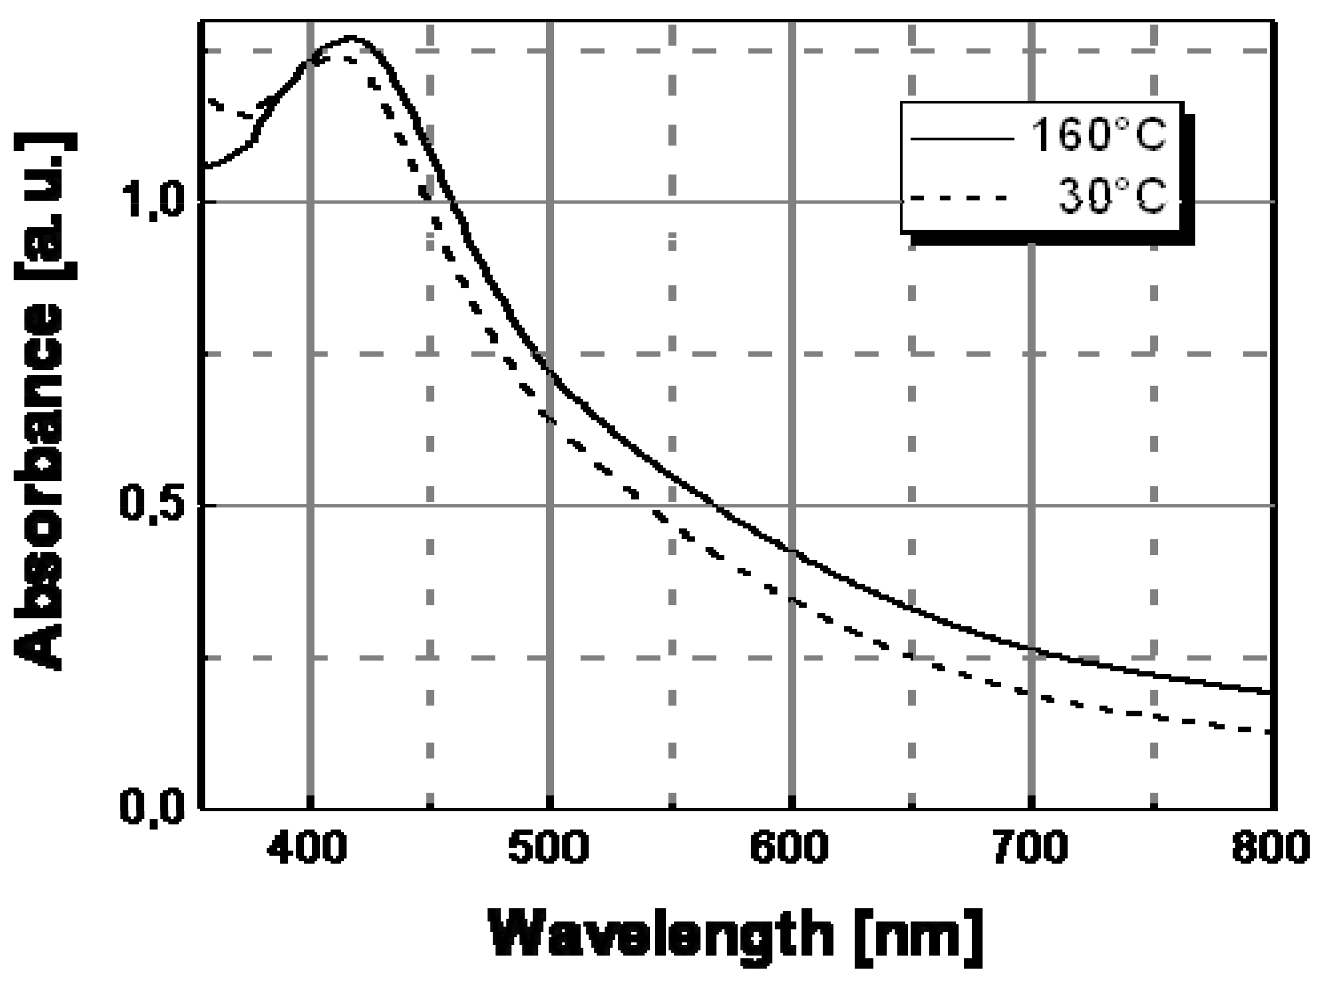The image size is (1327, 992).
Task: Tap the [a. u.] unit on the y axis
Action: coord(45,206)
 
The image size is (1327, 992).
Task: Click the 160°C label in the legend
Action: coord(1097,135)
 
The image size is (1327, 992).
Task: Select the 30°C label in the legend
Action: coord(1112,196)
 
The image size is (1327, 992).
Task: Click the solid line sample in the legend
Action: coord(962,139)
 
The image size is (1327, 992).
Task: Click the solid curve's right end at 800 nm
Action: coord(1268,692)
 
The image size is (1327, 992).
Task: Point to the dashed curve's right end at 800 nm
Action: coord(1267,732)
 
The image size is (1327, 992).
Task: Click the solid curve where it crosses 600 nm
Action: coord(791,551)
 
